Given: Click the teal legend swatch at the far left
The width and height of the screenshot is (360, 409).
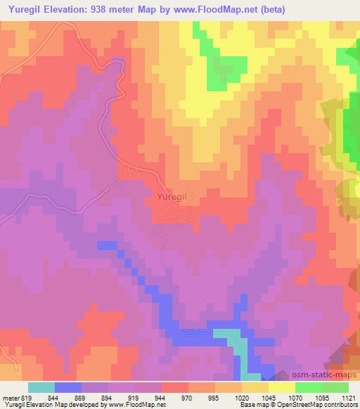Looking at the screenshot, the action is click(x=41, y=387).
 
